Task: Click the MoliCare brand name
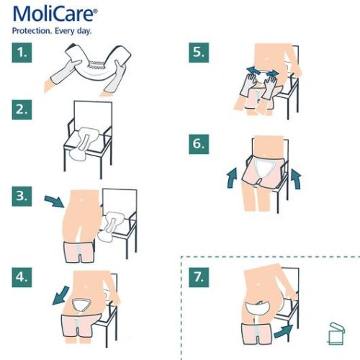point(53,14)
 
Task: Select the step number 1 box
point(24,53)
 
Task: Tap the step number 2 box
point(24,110)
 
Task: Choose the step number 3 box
point(24,195)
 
